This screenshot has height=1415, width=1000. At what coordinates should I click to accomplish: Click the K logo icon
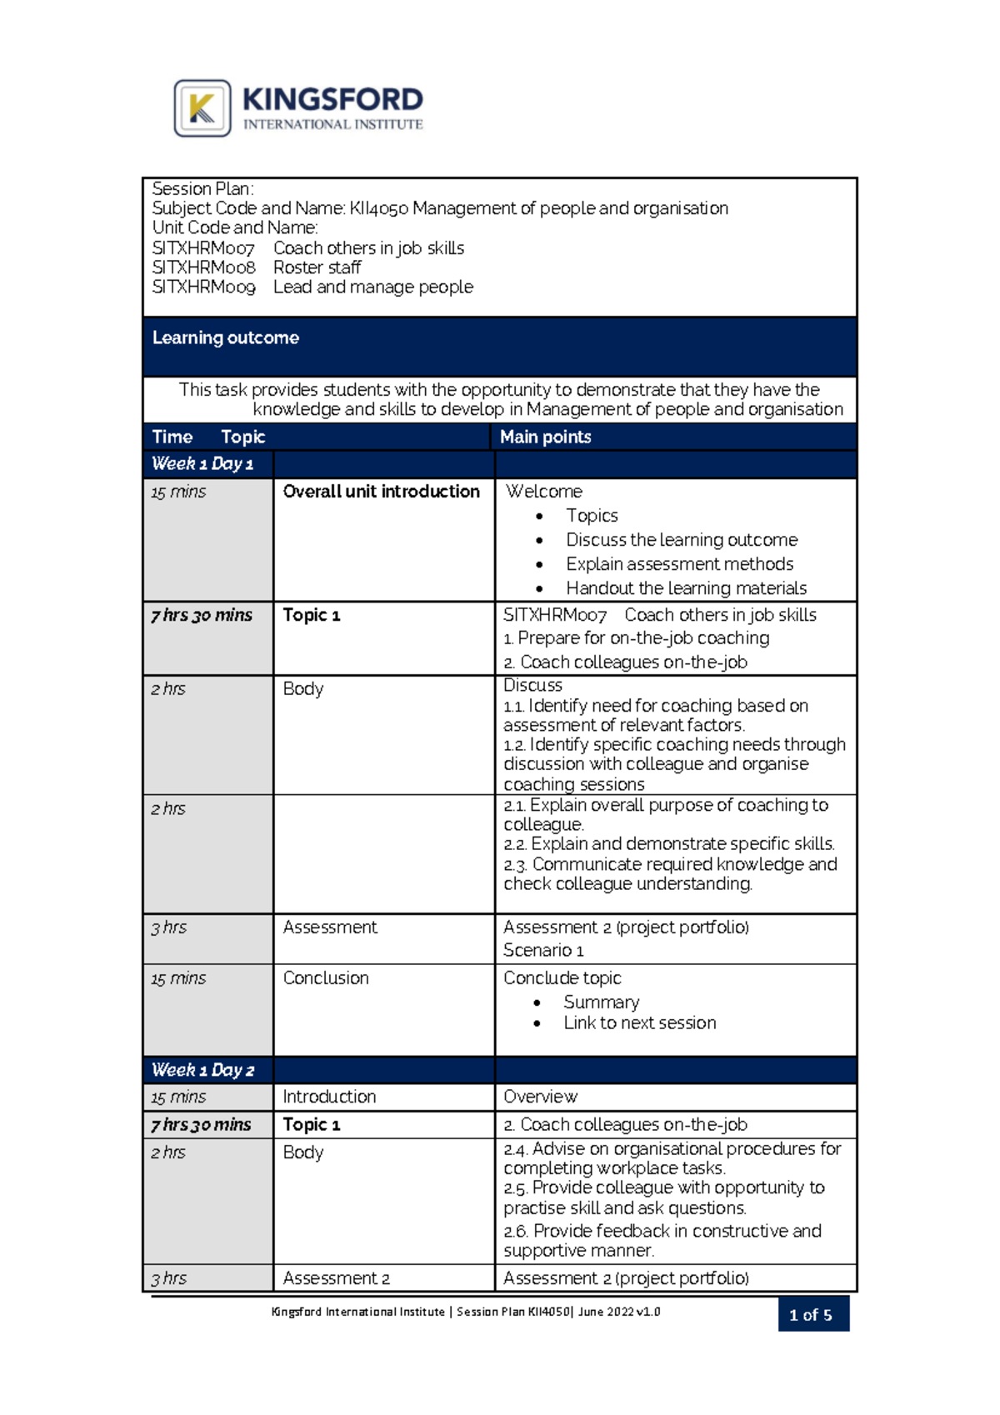pos(202,108)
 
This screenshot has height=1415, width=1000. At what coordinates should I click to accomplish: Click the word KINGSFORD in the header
pos(332,100)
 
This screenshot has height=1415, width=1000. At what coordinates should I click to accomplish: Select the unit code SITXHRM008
pos(203,267)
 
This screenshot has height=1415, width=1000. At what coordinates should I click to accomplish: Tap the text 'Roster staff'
pos(317,267)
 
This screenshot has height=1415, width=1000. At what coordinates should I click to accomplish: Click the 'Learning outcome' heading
pos(225,337)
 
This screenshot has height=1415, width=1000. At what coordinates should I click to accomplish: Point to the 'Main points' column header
pos(545,437)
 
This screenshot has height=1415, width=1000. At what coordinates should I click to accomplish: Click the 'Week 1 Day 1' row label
pos(202,463)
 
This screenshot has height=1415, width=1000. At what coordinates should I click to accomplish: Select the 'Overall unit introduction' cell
pos(381,492)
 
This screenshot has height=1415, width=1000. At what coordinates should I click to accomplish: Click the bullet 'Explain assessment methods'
pos(679,564)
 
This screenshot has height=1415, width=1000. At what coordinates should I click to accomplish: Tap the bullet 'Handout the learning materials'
pos(686,588)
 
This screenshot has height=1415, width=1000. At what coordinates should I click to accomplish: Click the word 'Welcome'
pos(543,492)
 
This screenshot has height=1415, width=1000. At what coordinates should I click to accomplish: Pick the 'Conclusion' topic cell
pos(325,978)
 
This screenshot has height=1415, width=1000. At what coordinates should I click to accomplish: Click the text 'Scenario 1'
pos(542,951)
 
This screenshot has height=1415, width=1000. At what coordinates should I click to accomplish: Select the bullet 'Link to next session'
pos(639,1023)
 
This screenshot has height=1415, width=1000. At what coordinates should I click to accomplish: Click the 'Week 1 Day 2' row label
pos(202,1070)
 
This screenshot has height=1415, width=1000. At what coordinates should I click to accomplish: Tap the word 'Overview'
pos(540,1097)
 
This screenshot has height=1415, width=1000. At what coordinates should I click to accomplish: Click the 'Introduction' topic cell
pos(329,1097)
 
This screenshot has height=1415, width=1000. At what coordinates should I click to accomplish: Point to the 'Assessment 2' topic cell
pos(336,1278)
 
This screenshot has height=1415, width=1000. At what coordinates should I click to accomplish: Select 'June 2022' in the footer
pos(605,1312)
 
